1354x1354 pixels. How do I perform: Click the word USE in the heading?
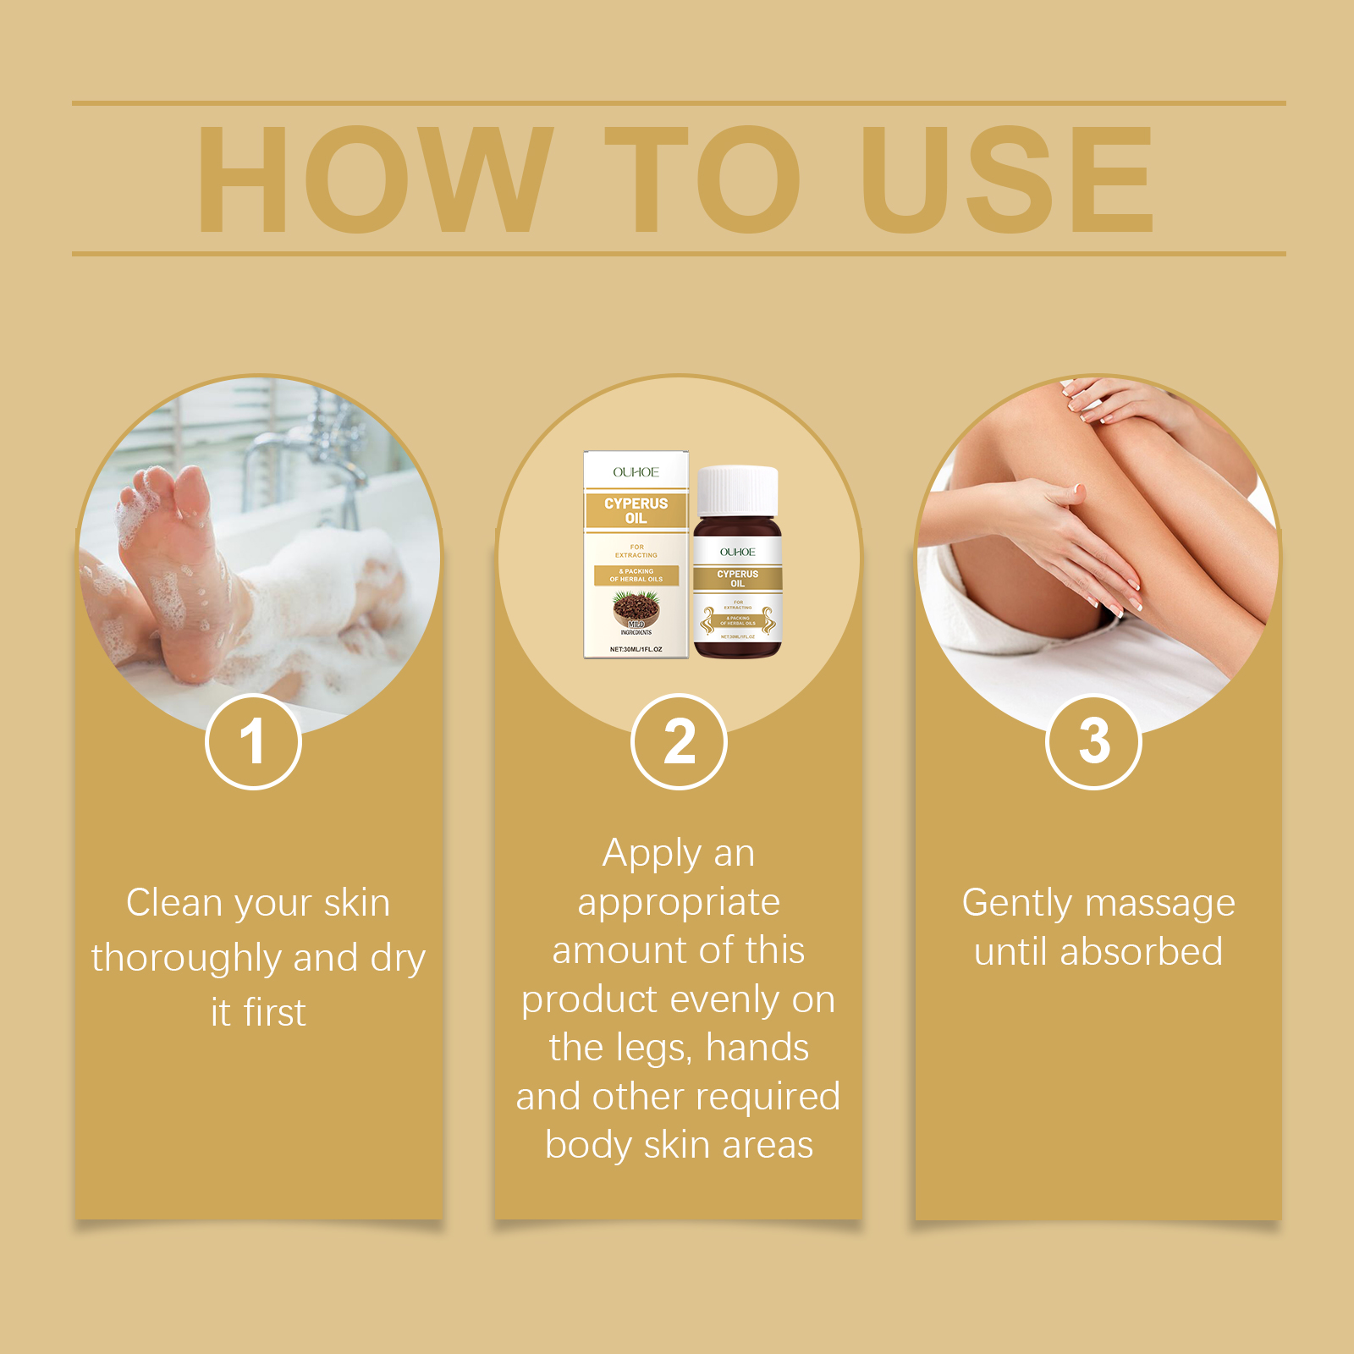1007,179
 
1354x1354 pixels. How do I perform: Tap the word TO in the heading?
702,179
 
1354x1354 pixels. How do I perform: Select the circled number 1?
253,742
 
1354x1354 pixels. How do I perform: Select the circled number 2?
679,742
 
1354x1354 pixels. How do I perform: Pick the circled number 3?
1093,742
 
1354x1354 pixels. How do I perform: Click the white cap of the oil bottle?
737,491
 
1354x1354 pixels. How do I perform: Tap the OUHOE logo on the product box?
636,472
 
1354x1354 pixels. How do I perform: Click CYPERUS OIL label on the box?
636,510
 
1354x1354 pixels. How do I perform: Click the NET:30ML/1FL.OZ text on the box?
636,649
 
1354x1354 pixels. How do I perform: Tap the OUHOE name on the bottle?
737,552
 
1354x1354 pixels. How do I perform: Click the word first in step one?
275,1013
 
